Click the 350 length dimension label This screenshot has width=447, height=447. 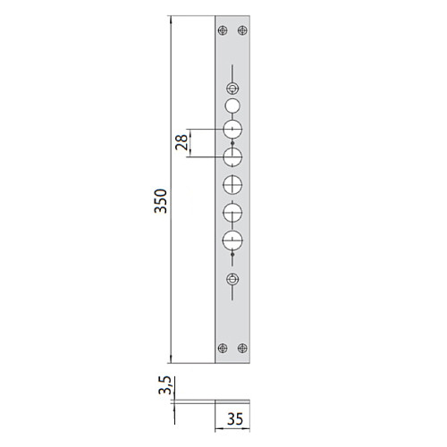coord(161,201)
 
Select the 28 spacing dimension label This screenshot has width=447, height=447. coord(181,142)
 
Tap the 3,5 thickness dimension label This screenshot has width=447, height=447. coord(165,385)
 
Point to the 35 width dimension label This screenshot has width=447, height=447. coord(235,419)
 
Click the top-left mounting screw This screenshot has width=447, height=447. coord(223,30)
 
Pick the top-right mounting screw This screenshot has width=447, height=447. coord(242,30)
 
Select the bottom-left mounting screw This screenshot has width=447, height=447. coord(223,348)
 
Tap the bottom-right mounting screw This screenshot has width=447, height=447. coord(242,348)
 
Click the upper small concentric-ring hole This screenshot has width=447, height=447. coord(232,89)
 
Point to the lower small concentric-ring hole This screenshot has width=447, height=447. coord(232,280)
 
